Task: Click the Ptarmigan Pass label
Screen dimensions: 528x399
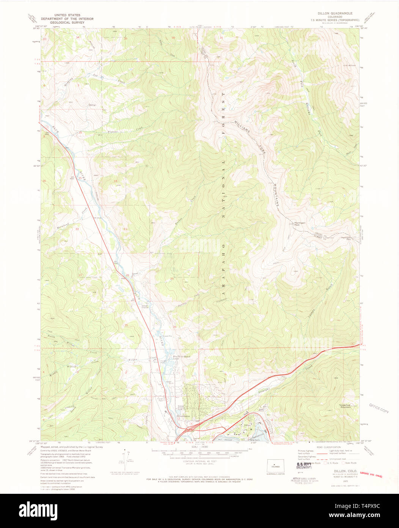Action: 346,238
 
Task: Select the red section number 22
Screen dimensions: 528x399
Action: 77,229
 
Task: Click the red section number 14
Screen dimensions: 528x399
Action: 115,181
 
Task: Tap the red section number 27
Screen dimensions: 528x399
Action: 80,275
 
